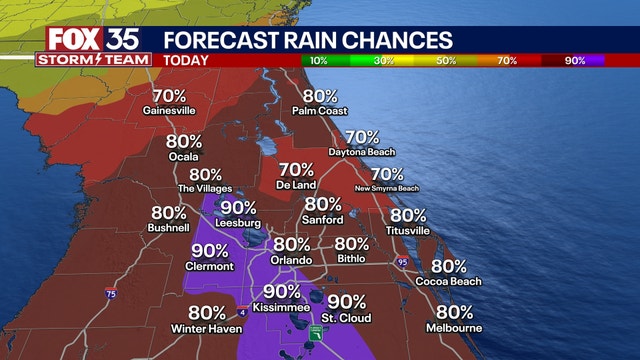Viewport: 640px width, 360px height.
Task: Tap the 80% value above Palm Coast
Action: (320, 97)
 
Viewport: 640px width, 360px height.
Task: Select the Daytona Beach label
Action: (361, 152)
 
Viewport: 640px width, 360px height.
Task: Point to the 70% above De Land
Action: (296, 170)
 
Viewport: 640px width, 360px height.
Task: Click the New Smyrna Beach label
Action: (387, 188)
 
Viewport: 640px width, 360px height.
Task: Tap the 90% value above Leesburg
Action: (238, 208)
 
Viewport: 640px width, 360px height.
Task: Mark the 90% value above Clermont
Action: (209, 251)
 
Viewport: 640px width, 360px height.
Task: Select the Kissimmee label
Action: (283, 307)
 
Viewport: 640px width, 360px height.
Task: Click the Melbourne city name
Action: (454, 328)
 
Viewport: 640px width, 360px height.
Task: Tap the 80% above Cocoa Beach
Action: (449, 267)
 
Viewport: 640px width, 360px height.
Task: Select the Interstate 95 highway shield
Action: (403, 263)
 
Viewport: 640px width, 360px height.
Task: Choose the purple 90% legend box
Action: (575, 60)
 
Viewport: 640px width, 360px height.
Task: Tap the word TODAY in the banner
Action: (187, 60)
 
